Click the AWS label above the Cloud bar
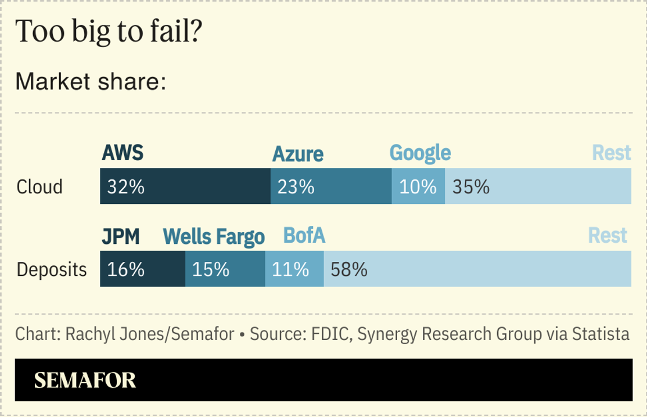click(122, 153)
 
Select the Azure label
click(298, 154)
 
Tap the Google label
click(420, 153)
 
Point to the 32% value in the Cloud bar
click(126, 187)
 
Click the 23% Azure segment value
click(295, 187)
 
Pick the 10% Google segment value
click(418, 187)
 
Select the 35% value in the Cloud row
click(471, 187)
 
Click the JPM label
click(120, 237)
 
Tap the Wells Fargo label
click(213, 237)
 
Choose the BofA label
click(304, 235)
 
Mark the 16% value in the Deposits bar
click(126, 270)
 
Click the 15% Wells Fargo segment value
click(211, 270)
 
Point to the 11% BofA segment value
click(290, 270)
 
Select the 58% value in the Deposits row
click(349, 270)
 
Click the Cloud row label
click(39, 187)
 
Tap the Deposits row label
click(52, 270)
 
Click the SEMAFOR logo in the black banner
click(85, 380)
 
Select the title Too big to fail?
click(108, 32)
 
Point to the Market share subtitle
click(90, 82)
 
